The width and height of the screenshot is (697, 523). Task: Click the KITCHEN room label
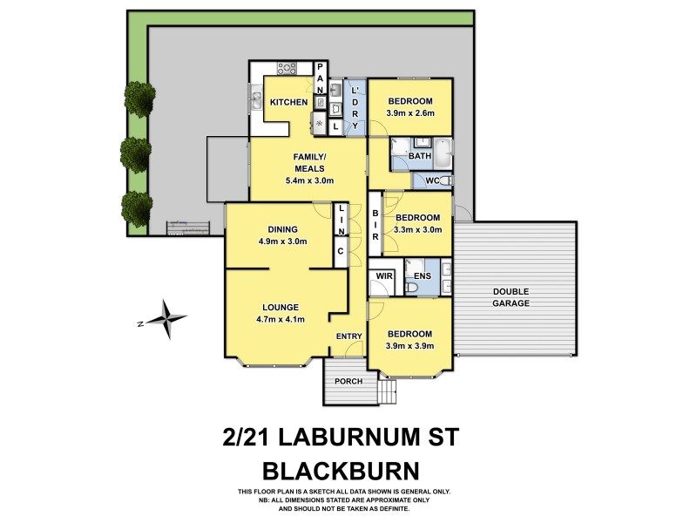[288, 103]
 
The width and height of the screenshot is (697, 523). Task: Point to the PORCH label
[348, 381]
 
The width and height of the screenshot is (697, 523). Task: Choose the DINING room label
[283, 229]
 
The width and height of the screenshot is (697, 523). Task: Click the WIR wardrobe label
[382, 277]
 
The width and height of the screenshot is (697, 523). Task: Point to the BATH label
[420, 156]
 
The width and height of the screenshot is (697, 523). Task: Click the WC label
[432, 180]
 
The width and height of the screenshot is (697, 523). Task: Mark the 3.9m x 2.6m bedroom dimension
[409, 113]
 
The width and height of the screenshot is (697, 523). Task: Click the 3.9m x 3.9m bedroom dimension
[409, 346]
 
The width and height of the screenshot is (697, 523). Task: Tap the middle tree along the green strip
[137, 152]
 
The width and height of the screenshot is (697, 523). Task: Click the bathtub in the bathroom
[441, 153]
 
